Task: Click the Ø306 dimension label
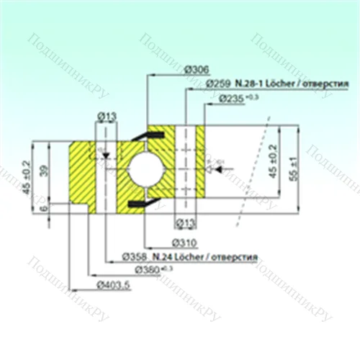[196, 69]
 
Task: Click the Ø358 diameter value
[135, 256]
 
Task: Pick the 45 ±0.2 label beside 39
[30, 176]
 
